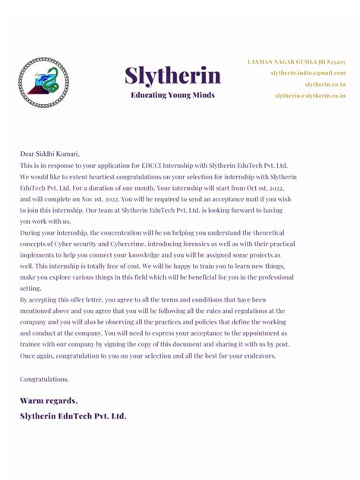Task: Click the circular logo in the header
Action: (43, 81)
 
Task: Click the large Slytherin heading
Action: (172, 76)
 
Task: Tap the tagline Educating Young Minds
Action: (172, 96)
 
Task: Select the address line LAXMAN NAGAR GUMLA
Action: (296, 61)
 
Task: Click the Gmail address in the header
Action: (308, 73)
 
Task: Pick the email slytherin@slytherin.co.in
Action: (310, 96)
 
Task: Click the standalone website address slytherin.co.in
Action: (325, 84)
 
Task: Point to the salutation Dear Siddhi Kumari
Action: (50, 153)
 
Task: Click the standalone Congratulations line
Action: (45, 379)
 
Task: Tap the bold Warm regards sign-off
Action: (49, 400)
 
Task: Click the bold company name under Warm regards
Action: (73, 416)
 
